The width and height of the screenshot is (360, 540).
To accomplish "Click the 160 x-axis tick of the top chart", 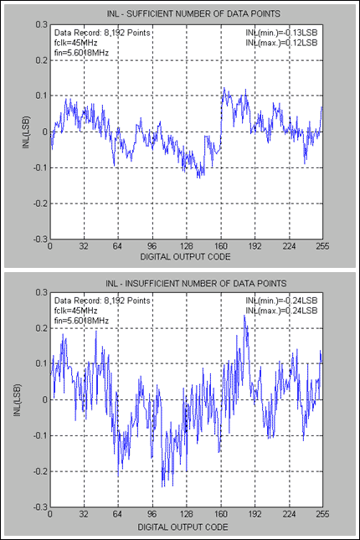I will coord(221,248).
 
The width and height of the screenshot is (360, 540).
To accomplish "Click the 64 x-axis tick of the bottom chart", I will coord(118,516).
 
